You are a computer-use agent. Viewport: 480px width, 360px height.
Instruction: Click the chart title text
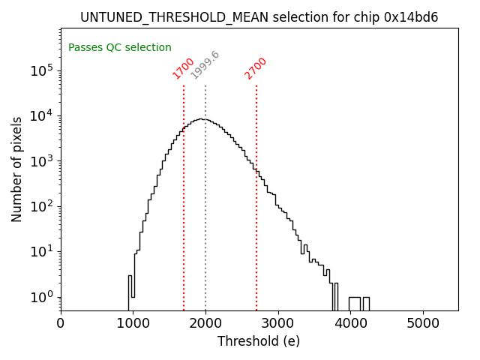point(259,17)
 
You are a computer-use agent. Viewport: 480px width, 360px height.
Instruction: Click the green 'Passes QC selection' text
point(120,47)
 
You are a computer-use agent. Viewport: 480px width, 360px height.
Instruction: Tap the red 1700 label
point(183,67)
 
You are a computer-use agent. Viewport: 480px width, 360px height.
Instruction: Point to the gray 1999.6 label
point(205,64)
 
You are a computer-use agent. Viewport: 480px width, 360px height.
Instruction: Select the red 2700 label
point(256,67)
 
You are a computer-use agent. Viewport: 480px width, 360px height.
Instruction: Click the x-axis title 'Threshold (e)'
point(259,341)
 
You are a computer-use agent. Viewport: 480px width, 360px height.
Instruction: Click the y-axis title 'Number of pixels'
point(17,169)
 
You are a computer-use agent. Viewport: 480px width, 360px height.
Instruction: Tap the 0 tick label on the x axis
point(61,323)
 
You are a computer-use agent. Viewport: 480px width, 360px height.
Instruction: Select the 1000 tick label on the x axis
point(133,323)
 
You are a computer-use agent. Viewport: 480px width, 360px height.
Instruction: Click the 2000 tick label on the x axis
point(205,323)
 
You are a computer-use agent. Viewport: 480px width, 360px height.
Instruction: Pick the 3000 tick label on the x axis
point(278,323)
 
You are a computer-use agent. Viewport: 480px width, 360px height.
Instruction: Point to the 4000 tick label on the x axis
point(350,323)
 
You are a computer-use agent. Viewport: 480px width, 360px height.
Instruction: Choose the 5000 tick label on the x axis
point(423,323)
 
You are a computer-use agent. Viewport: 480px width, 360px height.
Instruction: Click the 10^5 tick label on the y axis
point(41,70)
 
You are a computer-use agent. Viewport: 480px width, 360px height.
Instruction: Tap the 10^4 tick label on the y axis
point(41,115)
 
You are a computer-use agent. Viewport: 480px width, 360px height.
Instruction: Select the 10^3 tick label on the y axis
point(41,161)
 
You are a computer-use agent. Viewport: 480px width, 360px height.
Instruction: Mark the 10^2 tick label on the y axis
point(41,206)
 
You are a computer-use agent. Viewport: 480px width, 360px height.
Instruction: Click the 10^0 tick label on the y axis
point(41,297)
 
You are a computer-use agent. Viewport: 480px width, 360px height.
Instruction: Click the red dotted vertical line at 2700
point(256,225)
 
